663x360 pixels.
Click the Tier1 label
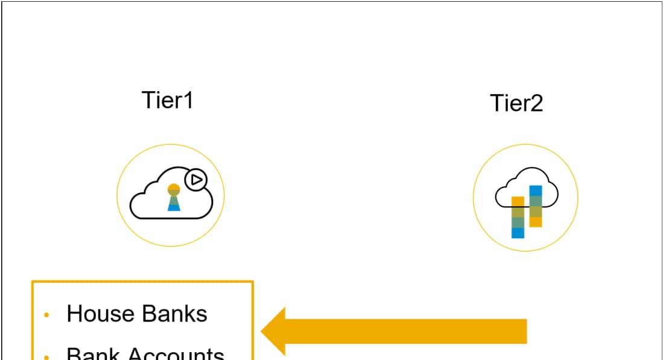[167, 100]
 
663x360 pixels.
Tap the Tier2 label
[516, 103]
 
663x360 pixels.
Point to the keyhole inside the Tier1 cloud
[174, 198]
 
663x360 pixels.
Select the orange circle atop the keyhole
[174, 189]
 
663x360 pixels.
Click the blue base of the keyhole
[174, 207]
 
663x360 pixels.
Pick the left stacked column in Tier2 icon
[518, 217]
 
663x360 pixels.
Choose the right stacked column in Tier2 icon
[535, 206]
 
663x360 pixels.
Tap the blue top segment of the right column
[535, 191]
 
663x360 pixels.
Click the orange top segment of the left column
[518, 201]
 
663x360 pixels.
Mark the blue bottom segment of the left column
[518, 233]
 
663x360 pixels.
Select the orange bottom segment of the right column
[535, 221]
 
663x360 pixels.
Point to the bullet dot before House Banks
[47, 315]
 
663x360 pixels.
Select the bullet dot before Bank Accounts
[47, 356]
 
